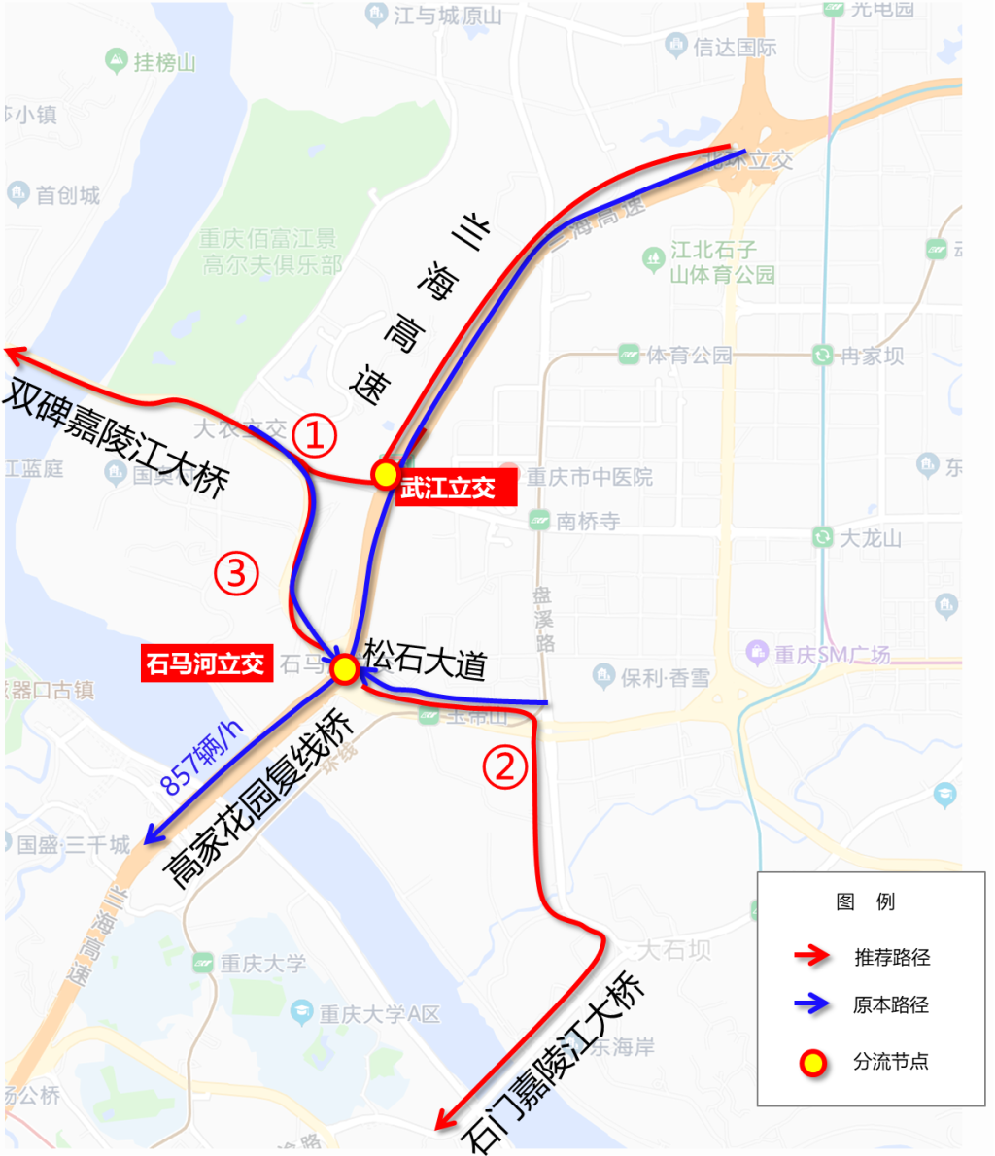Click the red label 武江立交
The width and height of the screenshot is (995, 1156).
coord(448,489)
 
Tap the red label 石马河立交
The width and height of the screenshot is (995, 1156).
coord(205,664)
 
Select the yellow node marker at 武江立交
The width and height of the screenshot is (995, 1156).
coord(386,474)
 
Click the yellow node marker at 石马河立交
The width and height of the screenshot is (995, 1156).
coord(344,668)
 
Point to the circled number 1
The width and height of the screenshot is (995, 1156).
coord(315,437)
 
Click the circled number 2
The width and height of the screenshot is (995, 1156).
coord(505,766)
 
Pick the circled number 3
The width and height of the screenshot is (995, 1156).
coord(236,574)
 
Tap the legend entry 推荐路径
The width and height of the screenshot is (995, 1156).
coord(892,957)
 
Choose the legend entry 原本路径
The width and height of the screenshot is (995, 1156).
coord(892,1004)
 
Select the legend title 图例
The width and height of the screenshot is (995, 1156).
coord(866,901)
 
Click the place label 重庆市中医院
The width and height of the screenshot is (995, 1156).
coord(589,477)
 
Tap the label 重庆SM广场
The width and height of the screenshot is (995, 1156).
coord(832,654)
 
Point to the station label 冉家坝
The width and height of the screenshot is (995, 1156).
coord(872,356)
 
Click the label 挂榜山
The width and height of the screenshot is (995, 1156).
coord(164,63)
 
